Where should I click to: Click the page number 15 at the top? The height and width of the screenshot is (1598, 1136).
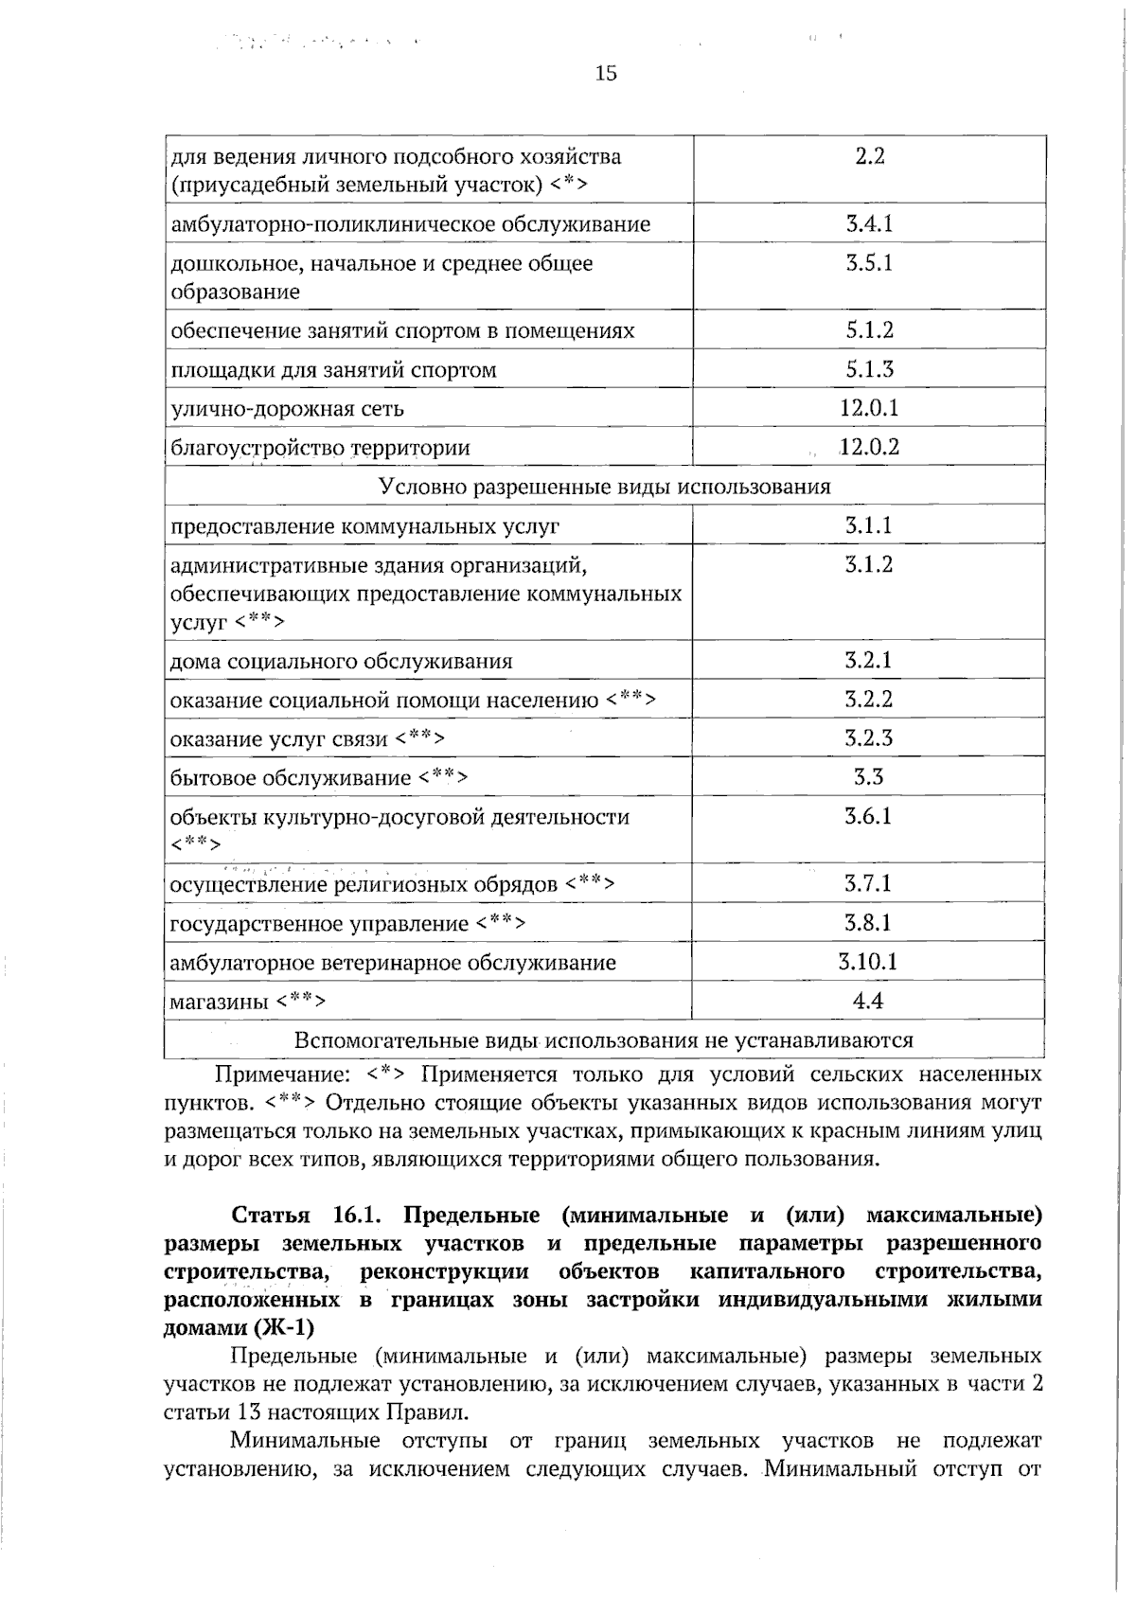pyautogui.click(x=606, y=73)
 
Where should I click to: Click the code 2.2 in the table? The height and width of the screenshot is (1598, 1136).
pyautogui.click(x=869, y=157)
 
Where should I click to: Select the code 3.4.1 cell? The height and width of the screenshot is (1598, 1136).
pyautogui.click(x=869, y=224)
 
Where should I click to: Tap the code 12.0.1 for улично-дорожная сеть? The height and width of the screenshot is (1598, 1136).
pyautogui.click(x=869, y=408)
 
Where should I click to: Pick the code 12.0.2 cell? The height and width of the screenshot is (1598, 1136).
pyautogui.click(x=869, y=447)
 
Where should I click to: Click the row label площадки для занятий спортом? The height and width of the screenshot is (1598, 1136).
pyautogui.click(x=333, y=370)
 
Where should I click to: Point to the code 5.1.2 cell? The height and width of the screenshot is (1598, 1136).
pyautogui.click(x=869, y=330)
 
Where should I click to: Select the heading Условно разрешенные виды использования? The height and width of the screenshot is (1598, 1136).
pyautogui.click(x=605, y=487)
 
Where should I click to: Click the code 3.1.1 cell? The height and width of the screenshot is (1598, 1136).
pyautogui.click(x=869, y=525)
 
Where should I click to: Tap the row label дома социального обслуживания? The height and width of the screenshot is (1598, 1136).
pyautogui.click(x=341, y=662)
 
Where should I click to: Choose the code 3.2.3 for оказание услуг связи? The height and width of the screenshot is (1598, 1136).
pyautogui.click(x=869, y=737)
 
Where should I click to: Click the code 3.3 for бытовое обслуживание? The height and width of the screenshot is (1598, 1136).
pyautogui.click(x=869, y=777)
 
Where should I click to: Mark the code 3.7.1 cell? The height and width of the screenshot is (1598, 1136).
pyautogui.click(x=869, y=883)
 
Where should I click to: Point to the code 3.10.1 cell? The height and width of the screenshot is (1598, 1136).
pyautogui.click(x=869, y=962)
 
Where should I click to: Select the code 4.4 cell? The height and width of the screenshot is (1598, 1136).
pyautogui.click(x=869, y=1001)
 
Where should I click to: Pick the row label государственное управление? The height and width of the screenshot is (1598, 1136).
pyautogui.click(x=319, y=923)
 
